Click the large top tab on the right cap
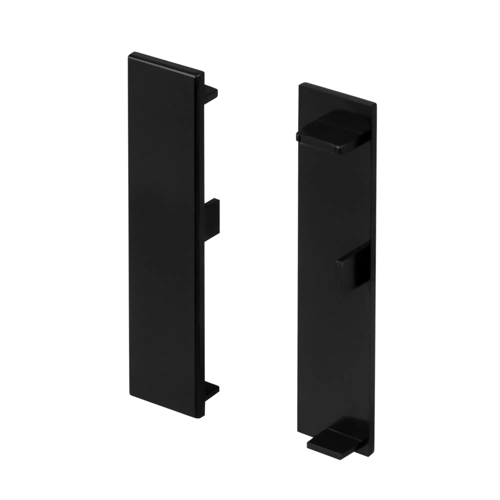[334, 132]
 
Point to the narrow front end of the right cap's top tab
[352, 149]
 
